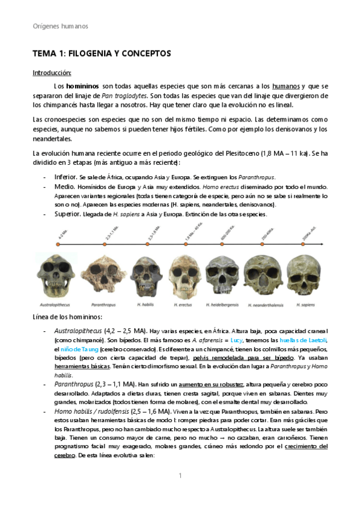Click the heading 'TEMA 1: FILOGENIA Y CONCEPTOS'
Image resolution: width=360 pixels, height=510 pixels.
102,54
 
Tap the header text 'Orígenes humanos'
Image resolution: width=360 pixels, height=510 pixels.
60,26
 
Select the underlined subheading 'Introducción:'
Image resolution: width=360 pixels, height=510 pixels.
52,73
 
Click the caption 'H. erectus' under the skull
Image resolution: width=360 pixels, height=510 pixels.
183,305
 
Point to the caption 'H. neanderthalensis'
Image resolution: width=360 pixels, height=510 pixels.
266,305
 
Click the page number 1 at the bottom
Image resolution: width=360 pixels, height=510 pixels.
180,476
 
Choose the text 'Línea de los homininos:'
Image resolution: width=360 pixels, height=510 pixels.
68,317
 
